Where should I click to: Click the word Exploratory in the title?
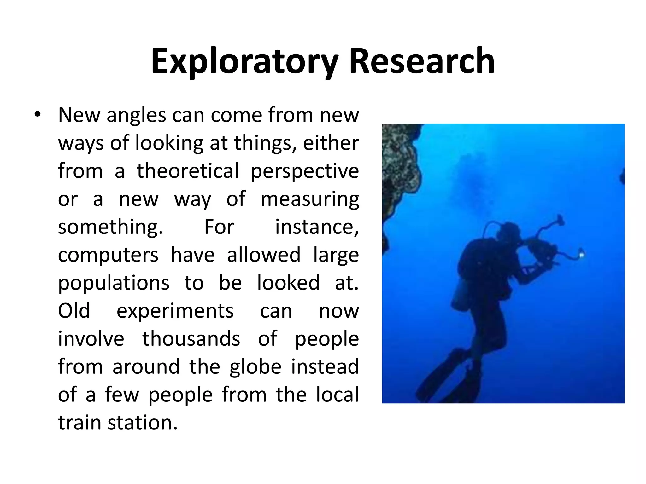click(x=245, y=61)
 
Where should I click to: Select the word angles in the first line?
click(x=136, y=116)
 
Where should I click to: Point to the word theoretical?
click(x=188, y=171)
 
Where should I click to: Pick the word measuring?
click(x=310, y=199)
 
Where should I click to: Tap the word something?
click(x=110, y=227)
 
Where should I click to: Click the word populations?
click(x=114, y=283)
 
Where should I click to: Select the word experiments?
click(x=175, y=311)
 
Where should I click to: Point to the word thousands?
click(x=191, y=339)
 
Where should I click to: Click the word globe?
click(x=255, y=367)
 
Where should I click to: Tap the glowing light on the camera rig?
click(x=581, y=253)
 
